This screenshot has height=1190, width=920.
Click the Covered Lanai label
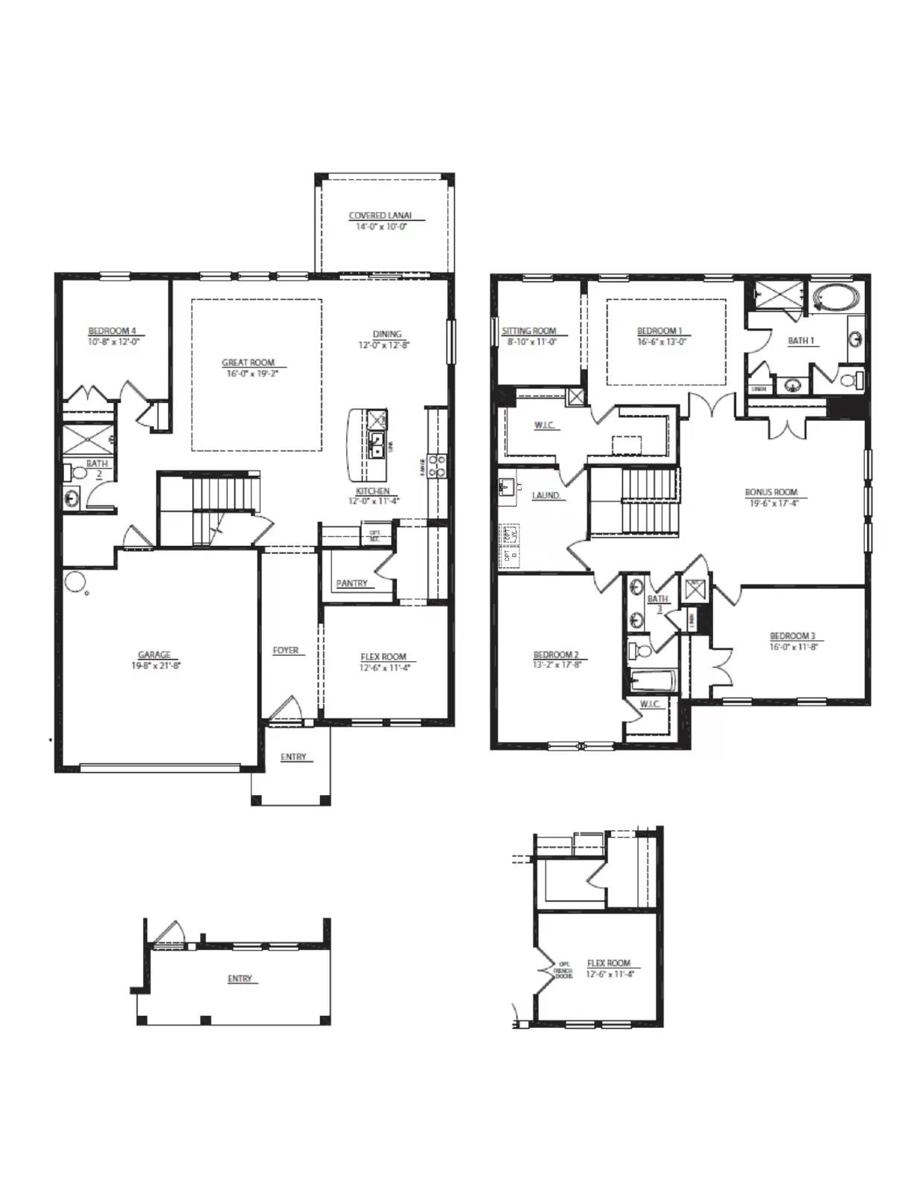[380, 216]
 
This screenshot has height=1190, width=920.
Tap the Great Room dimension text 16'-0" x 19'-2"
[248, 374]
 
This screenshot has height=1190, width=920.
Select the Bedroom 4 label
[112, 331]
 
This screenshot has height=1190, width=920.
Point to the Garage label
[155, 655]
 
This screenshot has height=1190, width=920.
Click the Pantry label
[351, 584]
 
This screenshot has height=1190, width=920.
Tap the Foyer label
[286, 650]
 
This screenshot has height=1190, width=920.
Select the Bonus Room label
[771, 492]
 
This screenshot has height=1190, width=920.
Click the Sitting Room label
[528, 331]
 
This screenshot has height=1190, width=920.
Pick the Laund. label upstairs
[546, 495]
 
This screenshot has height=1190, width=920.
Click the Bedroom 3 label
[792, 636]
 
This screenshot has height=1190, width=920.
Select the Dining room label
[387, 334]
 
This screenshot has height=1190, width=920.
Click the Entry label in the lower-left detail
[240, 979]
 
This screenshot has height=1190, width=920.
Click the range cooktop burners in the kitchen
[437, 466]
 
